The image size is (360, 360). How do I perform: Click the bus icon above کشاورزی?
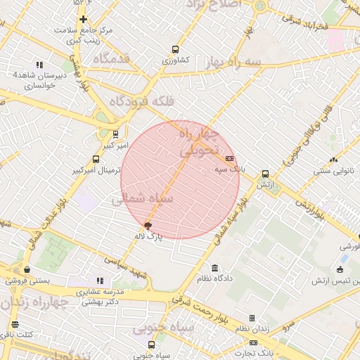point(175,50)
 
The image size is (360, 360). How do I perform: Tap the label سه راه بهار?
point(230,63)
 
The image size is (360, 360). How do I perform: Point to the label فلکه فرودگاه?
point(148,103)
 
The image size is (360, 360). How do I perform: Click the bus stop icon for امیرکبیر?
point(115,134)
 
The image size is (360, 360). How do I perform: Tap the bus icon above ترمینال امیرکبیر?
point(96,160)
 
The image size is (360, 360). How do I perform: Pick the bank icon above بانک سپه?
point(230,159)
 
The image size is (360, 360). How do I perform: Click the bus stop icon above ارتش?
point(265,174)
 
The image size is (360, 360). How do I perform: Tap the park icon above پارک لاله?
point(148,226)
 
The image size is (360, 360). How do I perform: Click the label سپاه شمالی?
point(139,200)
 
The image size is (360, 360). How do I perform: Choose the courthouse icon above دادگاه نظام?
point(214,268)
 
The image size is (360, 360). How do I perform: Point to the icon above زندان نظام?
point(252,318)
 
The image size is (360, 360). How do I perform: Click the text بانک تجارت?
point(257,352)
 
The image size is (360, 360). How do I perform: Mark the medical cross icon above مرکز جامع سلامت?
point(84,19)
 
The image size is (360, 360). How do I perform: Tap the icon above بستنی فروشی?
point(27,269)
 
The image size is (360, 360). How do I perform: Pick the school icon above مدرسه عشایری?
point(99,281)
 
